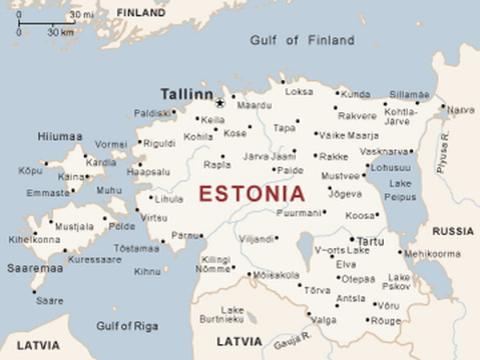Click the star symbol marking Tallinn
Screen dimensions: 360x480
pos(219,102)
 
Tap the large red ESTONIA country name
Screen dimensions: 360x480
pos(251,194)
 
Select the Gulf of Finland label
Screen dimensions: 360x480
pos(302,40)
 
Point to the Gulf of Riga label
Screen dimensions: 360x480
pos(126,326)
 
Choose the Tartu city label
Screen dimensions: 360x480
pos(370,241)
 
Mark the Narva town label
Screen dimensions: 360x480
pos(460,110)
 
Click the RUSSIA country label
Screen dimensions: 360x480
pos(453,231)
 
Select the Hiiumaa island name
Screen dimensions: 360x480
pos(60,137)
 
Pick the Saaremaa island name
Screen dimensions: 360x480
pos(34,268)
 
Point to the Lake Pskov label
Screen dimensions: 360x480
pos(399,282)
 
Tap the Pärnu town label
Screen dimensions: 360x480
pos(185,235)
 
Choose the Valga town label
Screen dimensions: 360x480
pos(323,320)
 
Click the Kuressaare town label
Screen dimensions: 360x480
pos(94,260)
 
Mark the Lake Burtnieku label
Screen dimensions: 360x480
pos(232,314)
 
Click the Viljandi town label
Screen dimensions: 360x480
pos(258,238)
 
